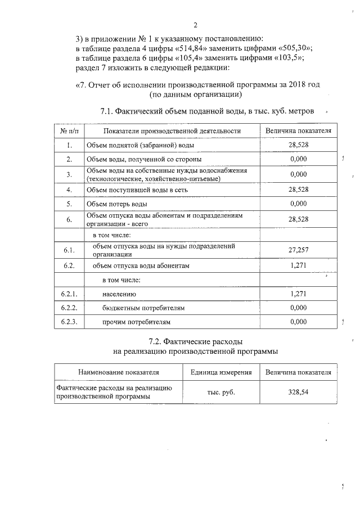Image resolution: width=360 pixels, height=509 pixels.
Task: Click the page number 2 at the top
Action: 195,25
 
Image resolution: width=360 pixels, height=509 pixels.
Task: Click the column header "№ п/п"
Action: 69,131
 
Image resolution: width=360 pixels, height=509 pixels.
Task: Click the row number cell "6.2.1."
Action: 69,294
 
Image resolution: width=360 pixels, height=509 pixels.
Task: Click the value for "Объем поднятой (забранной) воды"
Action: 298,145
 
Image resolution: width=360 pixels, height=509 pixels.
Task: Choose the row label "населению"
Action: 119,294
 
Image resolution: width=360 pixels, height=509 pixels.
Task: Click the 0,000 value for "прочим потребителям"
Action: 298,322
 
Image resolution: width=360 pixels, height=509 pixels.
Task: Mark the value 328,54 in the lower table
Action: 298,392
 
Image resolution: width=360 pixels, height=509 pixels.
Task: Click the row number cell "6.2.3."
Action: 69,322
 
